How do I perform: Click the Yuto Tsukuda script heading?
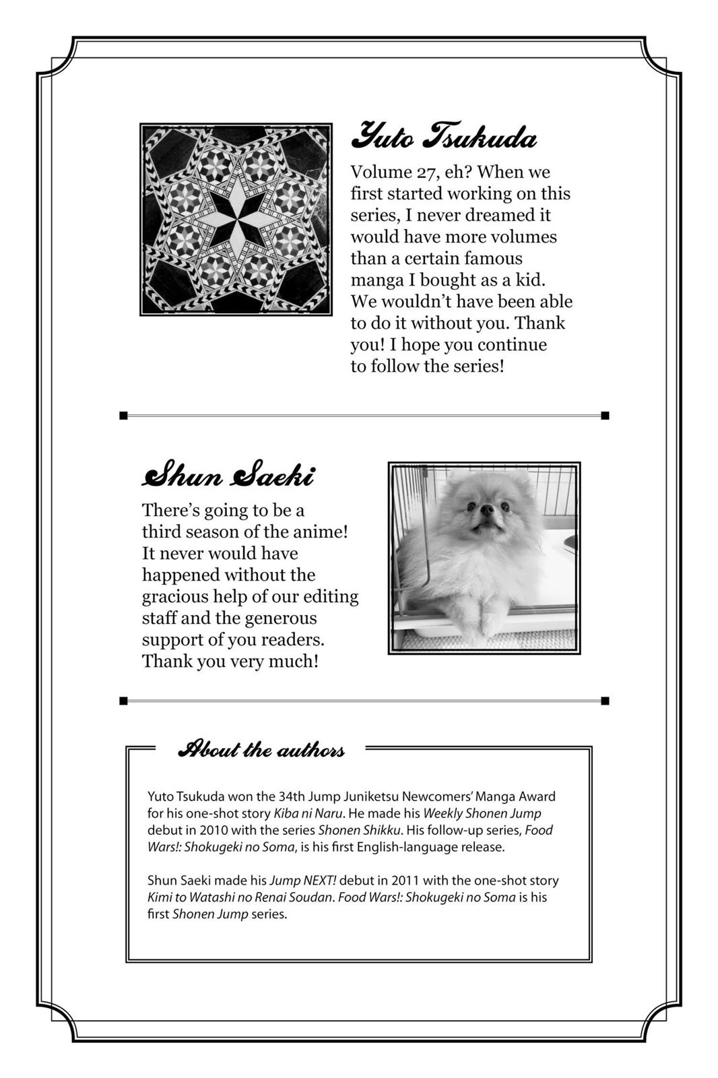pos(444,137)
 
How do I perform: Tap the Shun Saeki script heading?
pos(228,476)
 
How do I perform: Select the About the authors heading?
pos(261,749)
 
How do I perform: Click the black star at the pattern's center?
pos(235,218)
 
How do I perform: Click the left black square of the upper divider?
pos(123,416)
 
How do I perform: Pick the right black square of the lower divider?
pos(605,701)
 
